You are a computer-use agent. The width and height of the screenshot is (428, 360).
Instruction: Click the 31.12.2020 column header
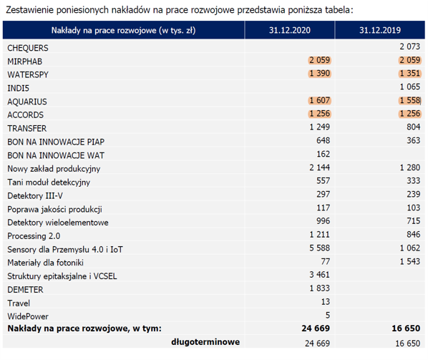click(290, 30)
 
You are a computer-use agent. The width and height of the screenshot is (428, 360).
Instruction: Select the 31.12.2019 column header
click(380, 30)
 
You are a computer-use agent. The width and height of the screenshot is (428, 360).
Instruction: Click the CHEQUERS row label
click(28, 48)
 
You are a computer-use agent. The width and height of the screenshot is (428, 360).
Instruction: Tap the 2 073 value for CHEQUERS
click(409, 47)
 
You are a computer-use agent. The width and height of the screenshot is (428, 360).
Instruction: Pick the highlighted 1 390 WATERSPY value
click(320, 74)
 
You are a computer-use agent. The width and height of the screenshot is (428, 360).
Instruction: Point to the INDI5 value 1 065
click(409, 87)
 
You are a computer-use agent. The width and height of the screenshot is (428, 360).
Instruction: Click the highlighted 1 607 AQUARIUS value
click(320, 100)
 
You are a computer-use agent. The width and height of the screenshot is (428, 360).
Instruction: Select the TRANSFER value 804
click(413, 127)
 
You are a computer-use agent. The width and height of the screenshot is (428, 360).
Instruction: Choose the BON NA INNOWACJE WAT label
click(56, 155)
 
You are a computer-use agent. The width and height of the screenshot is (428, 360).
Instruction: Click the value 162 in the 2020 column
click(324, 154)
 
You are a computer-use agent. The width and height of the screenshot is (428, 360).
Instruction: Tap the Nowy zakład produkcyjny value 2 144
click(320, 167)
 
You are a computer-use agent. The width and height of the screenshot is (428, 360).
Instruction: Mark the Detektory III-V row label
click(35, 195)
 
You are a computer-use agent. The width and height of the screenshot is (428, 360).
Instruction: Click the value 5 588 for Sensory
click(320, 248)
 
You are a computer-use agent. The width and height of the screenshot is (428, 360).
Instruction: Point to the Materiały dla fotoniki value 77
click(326, 261)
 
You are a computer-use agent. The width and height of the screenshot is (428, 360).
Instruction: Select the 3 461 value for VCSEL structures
click(320, 275)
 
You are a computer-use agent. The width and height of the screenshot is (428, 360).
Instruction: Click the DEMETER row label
click(25, 290)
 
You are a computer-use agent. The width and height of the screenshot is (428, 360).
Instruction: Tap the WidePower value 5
click(328, 315)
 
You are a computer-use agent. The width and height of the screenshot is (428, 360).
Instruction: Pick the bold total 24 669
click(316, 328)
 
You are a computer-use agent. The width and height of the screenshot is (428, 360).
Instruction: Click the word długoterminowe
click(205, 342)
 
